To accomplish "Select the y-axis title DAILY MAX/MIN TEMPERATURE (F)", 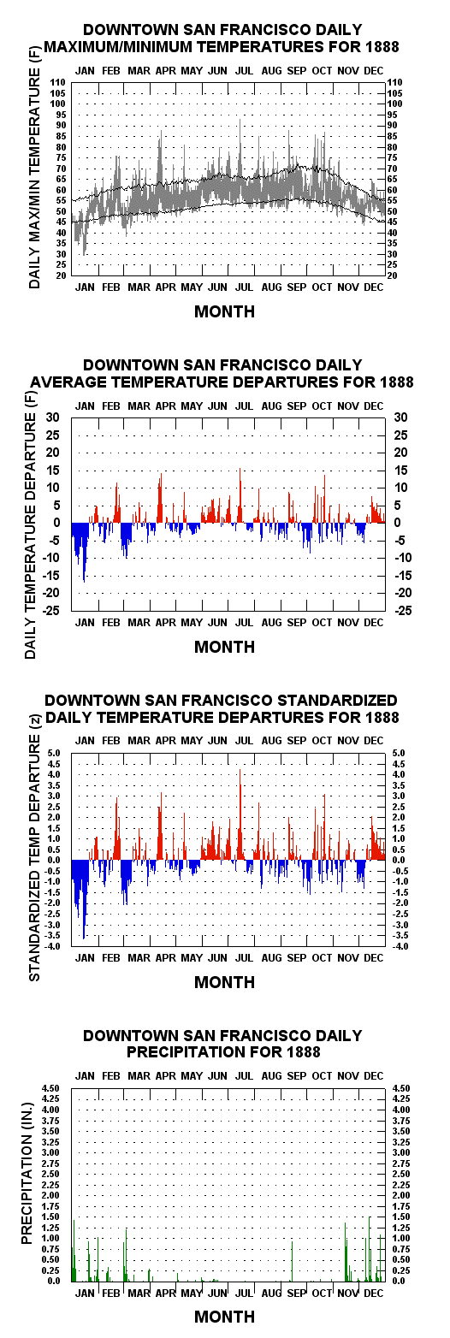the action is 35,178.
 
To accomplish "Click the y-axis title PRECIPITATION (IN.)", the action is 27,1173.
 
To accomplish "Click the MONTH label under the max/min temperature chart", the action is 224,311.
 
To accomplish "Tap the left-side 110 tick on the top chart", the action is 58,82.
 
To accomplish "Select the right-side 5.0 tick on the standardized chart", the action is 398,753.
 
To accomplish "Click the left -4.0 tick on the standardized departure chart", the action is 53,946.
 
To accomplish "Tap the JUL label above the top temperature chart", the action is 243,71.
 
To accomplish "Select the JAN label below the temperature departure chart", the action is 85,623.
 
